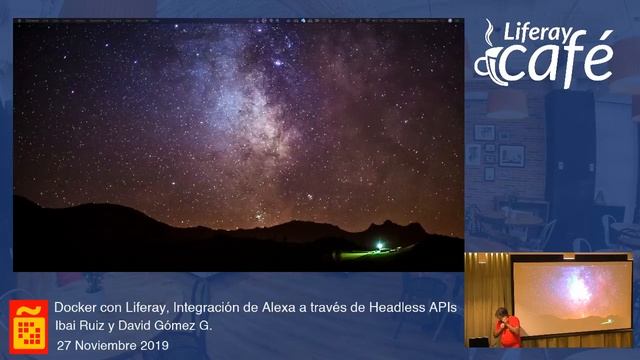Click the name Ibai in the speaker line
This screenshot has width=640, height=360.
(x=66, y=326)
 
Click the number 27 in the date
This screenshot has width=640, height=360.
(x=64, y=345)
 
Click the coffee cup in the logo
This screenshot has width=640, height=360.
(x=490, y=62)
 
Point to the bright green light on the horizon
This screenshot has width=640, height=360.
(x=379, y=243)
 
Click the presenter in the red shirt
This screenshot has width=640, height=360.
(x=509, y=329)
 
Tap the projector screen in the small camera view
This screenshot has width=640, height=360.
(x=571, y=295)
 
